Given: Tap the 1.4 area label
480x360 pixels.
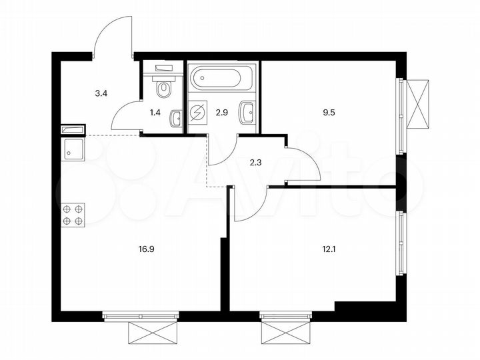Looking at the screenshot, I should click(x=155, y=113).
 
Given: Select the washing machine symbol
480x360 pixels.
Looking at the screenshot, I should click(x=199, y=113).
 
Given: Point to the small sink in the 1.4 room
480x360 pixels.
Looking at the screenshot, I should click(x=175, y=118).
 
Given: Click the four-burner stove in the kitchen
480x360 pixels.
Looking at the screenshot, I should click(x=73, y=215).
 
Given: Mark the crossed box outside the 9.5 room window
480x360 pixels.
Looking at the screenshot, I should click(x=421, y=103).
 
